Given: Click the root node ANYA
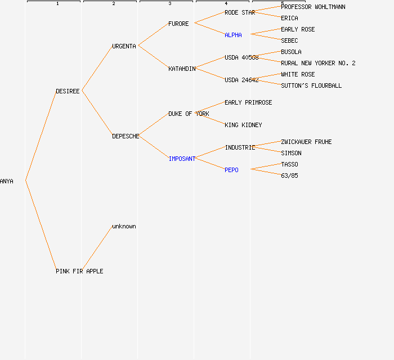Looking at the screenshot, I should click(7, 181).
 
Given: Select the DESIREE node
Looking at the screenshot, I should click(68, 91).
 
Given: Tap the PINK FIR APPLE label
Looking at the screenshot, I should click(79, 271).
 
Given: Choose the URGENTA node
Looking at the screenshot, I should click(124, 46).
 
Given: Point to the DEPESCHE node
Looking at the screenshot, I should click(126, 136).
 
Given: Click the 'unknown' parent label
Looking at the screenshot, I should click(124, 226).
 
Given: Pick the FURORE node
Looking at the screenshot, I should click(178, 24).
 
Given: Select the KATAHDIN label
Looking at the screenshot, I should click(182, 69).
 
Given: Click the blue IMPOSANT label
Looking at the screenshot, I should click(182, 159).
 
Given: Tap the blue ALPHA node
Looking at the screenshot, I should click(233, 35).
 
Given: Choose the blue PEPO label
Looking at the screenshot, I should click(231, 170).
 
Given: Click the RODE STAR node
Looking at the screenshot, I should click(240, 12).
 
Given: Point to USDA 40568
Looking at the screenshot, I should click(241, 57).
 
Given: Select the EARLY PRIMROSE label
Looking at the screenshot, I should click(248, 102).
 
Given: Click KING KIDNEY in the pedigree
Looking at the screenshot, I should click(243, 125).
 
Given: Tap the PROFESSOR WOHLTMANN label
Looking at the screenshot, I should click(313, 7).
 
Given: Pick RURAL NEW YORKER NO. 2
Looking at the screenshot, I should click(318, 63).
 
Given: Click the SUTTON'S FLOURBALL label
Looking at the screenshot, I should click(311, 85).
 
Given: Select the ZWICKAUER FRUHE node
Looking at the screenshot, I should click(306, 142).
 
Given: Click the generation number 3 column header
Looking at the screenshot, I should click(170, 4).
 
